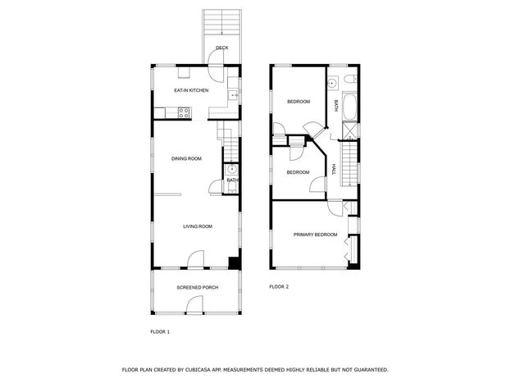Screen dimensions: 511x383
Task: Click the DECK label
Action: pyautogui.click(x=222, y=48)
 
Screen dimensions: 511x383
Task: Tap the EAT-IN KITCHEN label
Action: pyautogui.click(x=191, y=90)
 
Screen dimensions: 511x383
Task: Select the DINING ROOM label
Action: pyautogui.click(x=186, y=159)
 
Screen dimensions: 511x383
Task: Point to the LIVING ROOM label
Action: pyautogui.click(x=198, y=226)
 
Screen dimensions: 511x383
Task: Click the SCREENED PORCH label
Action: pyautogui.click(x=198, y=288)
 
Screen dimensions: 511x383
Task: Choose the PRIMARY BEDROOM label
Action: pyautogui.click(x=315, y=235)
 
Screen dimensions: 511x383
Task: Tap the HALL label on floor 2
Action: pyautogui.click(x=333, y=169)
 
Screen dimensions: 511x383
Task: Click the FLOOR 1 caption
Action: pyautogui.click(x=160, y=332)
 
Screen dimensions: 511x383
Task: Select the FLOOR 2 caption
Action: pyautogui.click(x=279, y=287)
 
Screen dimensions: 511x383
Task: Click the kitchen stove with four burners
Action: pyautogui.click(x=184, y=113)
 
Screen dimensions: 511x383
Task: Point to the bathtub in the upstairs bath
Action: pyautogui.click(x=349, y=107)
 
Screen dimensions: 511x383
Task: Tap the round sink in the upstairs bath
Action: pyautogui.click(x=333, y=83)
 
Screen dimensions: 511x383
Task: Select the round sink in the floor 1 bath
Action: pyautogui.click(x=231, y=169)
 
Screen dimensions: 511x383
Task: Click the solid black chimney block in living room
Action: pyautogui.click(x=234, y=262)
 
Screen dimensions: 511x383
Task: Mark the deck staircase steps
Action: pyautogui.click(x=222, y=22)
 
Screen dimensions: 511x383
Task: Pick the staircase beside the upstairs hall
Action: pyautogui.click(x=349, y=165)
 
